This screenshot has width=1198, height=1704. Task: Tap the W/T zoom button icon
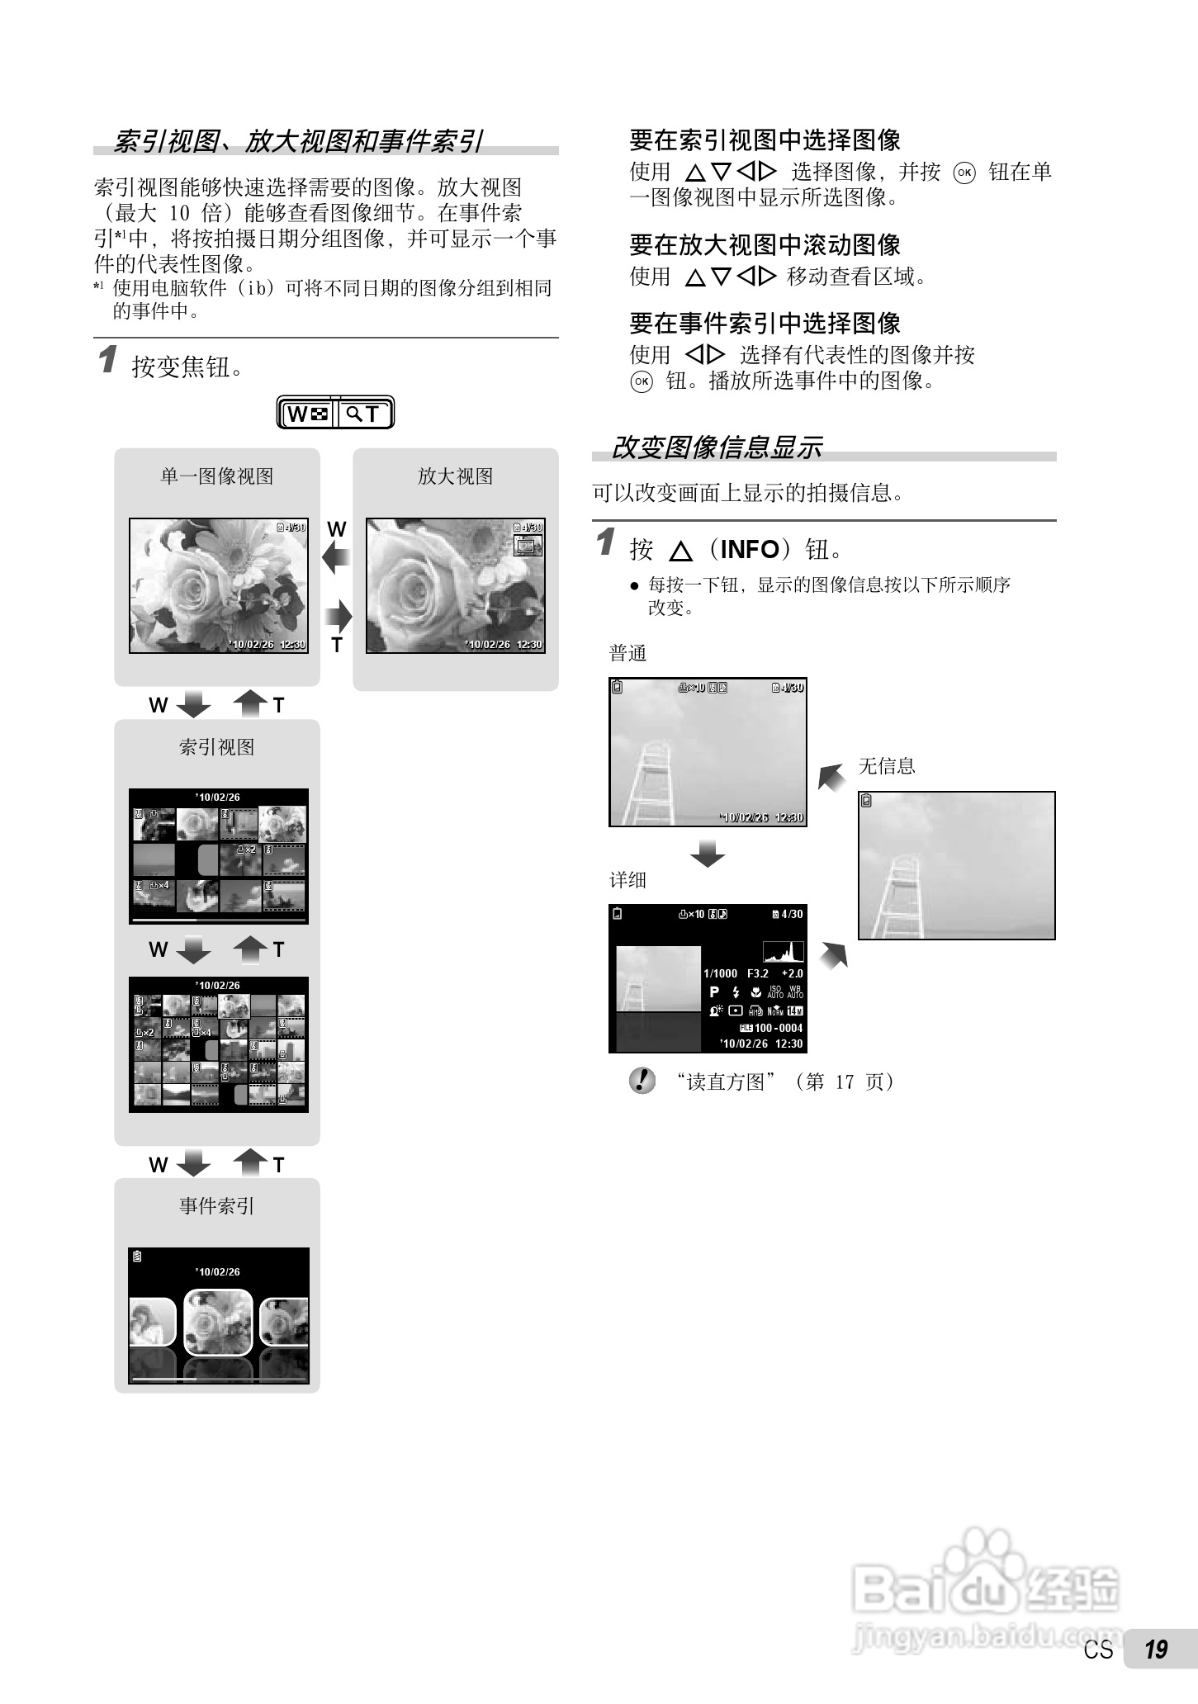pyautogui.click(x=335, y=413)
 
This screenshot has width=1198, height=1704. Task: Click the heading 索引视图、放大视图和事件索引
pyautogui.click(x=297, y=141)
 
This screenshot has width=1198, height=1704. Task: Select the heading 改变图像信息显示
pyautogui.click(x=716, y=447)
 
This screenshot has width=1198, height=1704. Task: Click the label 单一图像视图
pyautogui.click(x=216, y=476)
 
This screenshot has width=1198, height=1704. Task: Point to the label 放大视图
pyautogui.click(x=455, y=476)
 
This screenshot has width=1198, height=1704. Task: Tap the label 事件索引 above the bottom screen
pyautogui.click(x=216, y=1206)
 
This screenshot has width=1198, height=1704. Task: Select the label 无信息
pyautogui.click(x=887, y=766)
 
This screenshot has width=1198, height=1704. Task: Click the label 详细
pyautogui.click(x=627, y=880)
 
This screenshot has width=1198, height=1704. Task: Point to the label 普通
pyautogui.click(x=627, y=654)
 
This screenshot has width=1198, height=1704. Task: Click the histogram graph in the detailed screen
pyautogui.click(x=783, y=951)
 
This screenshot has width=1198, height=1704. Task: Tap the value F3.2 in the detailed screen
pyautogui.click(x=757, y=973)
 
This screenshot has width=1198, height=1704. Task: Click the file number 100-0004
pyautogui.click(x=778, y=1028)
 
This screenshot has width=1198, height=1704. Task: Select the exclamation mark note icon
pyautogui.click(x=642, y=1081)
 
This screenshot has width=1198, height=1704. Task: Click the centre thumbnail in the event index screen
pyautogui.click(x=218, y=1322)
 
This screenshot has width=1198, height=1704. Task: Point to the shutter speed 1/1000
pyautogui.click(x=720, y=973)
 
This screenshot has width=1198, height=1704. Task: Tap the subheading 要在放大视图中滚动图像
pyautogui.click(x=765, y=245)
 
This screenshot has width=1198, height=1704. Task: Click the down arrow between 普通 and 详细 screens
pyautogui.click(x=708, y=854)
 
